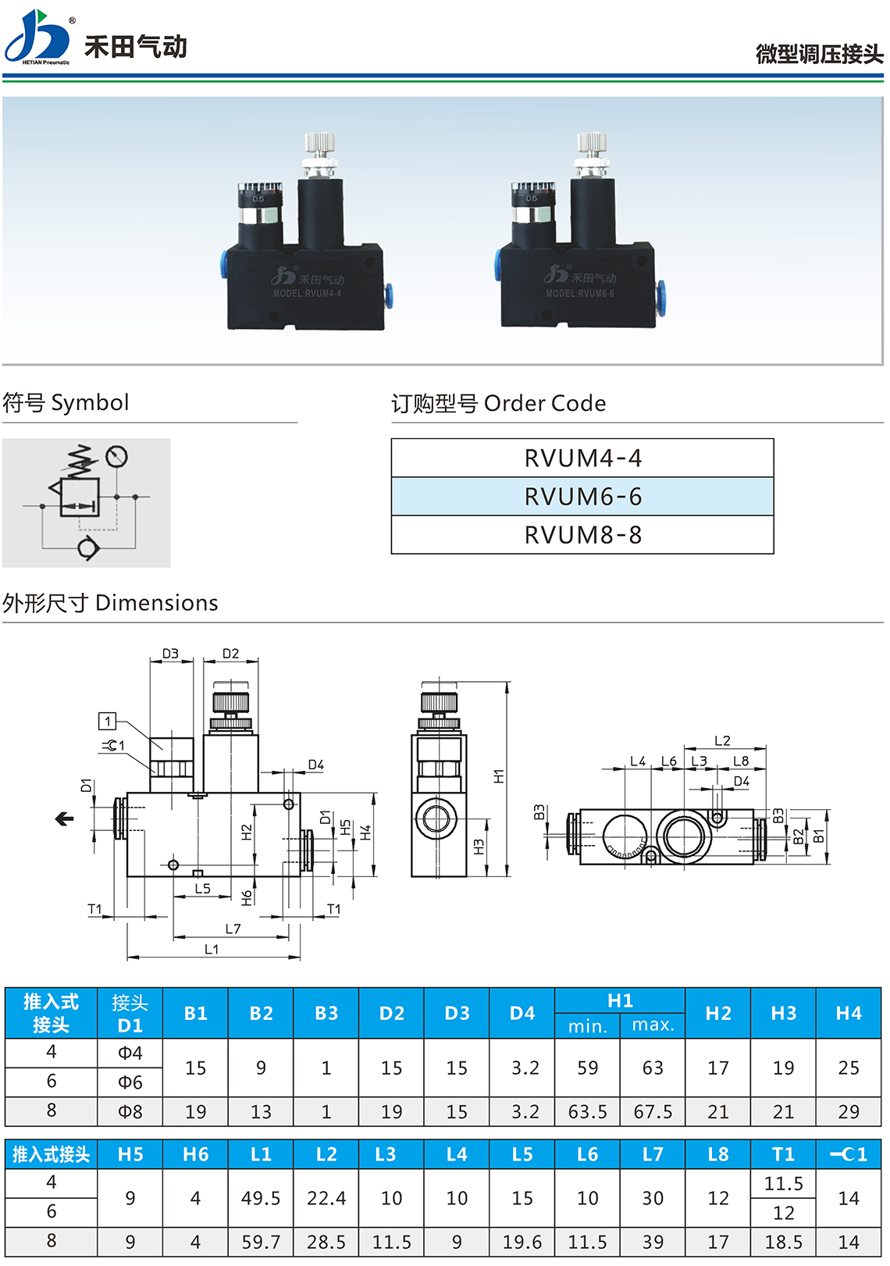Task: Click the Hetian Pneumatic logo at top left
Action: point(37,37)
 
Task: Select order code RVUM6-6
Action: point(582,497)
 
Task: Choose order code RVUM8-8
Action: point(582,535)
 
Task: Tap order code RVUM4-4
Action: point(582,458)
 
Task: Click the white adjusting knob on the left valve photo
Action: point(319,145)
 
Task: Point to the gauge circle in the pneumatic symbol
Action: point(116,456)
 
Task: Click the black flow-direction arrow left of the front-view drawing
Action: point(64,818)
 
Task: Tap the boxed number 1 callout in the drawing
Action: point(108,721)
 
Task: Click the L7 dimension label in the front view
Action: point(233,929)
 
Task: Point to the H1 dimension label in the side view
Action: point(499,776)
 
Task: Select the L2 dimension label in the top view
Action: point(722,740)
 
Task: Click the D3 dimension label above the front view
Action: point(170,654)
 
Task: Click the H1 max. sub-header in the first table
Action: point(653,1025)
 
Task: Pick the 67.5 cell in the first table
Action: point(653,1111)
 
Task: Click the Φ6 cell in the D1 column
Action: point(130,1082)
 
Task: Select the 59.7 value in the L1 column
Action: point(261,1242)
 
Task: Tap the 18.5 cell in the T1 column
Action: point(783,1242)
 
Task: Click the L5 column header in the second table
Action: point(522,1154)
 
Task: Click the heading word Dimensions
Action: point(156,603)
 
